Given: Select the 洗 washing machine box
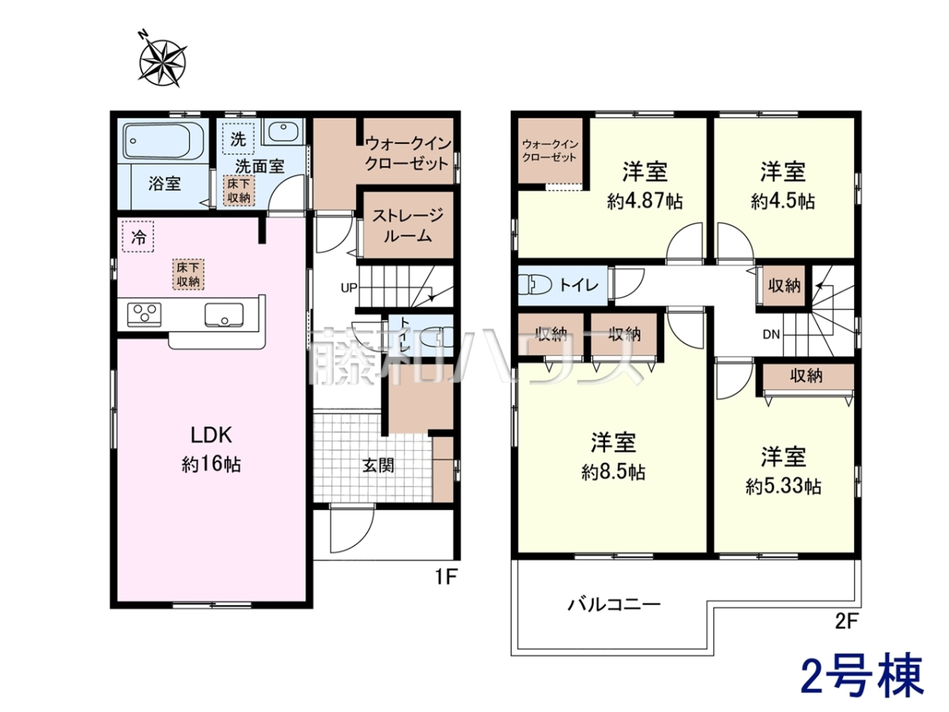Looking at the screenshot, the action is (238, 138).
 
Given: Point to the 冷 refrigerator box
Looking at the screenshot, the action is (138, 237).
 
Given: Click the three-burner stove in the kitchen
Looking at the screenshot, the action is (145, 313).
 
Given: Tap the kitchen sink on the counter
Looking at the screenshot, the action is (224, 313).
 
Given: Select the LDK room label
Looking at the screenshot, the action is (211, 435).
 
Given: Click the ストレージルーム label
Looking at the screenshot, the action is (408, 225).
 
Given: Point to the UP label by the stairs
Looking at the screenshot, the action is (350, 287).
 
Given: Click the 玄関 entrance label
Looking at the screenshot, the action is (378, 466).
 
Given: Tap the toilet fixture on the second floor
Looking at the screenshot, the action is (535, 286).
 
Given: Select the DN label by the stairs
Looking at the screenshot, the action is (771, 334).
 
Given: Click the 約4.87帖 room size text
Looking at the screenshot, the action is (645, 201).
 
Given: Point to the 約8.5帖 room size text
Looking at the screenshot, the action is (614, 472).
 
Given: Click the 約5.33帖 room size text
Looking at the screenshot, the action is (784, 487).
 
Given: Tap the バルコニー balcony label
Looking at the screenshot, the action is (614, 604).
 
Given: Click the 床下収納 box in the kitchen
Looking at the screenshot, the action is (188, 275).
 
